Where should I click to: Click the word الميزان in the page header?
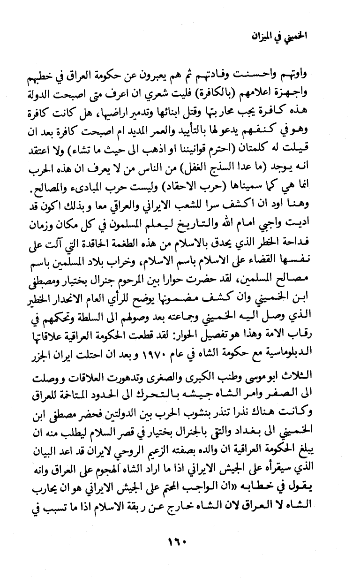[264, 36]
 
